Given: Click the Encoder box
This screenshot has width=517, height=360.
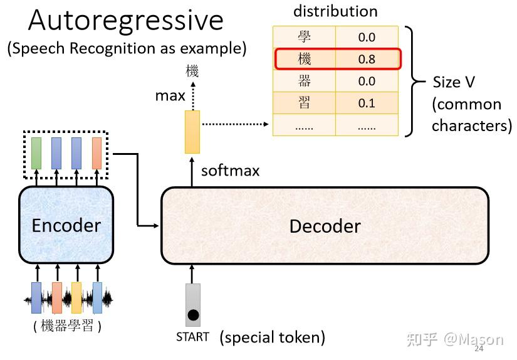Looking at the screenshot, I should (x=66, y=225).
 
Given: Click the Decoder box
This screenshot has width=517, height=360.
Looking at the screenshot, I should (x=325, y=226).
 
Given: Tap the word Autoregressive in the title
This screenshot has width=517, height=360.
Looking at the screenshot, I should (x=125, y=21).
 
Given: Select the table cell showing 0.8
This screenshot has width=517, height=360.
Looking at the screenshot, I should (x=367, y=60).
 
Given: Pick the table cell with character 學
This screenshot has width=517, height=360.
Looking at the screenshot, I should (x=304, y=37).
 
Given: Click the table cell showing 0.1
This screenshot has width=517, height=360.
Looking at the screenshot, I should (x=367, y=103).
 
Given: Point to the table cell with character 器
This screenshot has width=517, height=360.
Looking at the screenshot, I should (x=304, y=81).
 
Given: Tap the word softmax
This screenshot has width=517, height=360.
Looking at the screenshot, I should (x=230, y=171).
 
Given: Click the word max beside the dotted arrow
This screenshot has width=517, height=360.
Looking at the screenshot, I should (x=170, y=96).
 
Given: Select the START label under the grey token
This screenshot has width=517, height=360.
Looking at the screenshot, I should (x=192, y=337).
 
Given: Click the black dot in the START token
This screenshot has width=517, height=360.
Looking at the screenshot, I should (x=193, y=314).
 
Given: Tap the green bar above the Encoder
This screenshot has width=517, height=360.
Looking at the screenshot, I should (x=37, y=152).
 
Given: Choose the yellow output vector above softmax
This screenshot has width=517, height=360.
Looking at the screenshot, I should (x=192, y=132).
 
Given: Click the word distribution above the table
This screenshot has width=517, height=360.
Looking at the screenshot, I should (x=335, y=11).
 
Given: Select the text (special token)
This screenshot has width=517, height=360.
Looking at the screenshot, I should (x=272, y=337).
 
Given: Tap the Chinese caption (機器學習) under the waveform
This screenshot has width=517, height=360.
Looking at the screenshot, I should (x=66, y=326).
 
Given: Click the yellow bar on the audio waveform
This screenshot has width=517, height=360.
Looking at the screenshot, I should (x=76, y=297).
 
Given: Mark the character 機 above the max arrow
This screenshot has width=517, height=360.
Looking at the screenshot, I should (x=192, y=71).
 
